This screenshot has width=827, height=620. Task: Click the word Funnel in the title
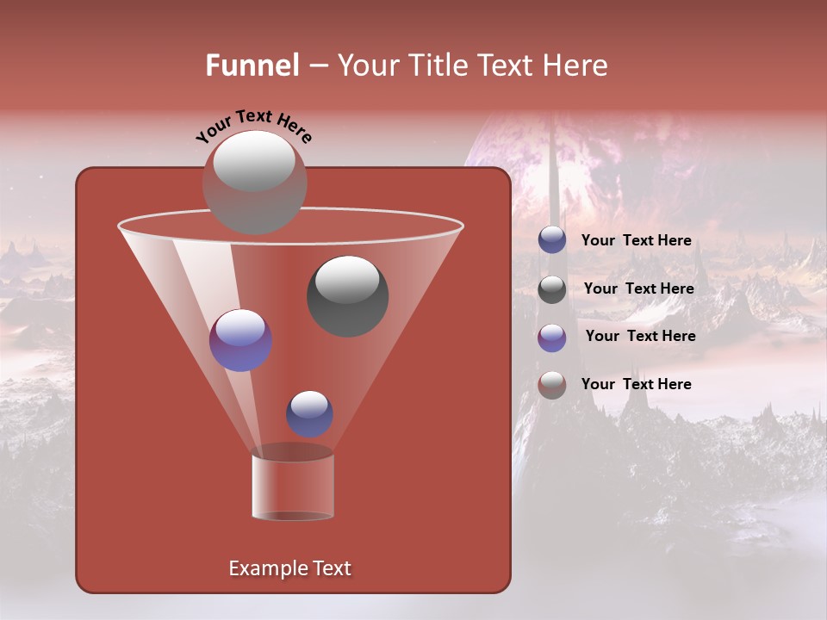point(252,65)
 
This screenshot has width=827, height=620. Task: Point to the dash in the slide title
point(317,66)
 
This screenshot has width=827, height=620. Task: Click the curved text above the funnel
point(253,125)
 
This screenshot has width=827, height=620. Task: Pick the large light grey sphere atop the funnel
point(254,182)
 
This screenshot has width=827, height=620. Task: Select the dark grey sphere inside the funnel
point(347,295)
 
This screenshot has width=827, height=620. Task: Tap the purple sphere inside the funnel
point(240,339)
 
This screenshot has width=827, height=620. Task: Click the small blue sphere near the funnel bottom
point(309,413)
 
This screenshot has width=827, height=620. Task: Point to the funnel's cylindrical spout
point(293,487)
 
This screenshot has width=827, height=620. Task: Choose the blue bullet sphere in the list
point(552,240)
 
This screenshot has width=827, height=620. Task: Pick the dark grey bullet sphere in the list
point(552,289)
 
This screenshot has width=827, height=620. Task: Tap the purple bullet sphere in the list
point(552,337)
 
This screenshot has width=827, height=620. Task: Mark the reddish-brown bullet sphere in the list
point(552,385)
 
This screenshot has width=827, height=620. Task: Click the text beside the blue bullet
point(636,240)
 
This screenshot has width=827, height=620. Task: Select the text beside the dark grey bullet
point(638,288)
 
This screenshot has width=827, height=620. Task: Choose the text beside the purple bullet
point(640,336)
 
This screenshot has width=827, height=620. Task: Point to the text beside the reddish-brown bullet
point(636,384)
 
